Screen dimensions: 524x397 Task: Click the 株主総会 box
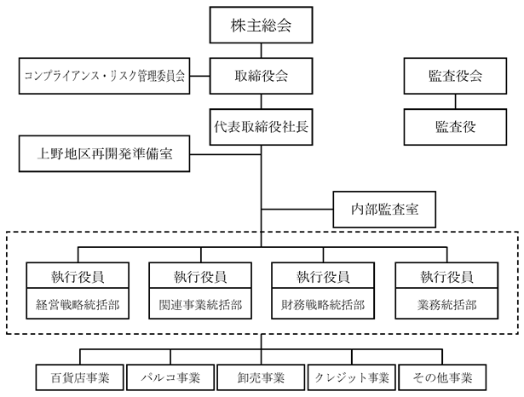pos(261,25)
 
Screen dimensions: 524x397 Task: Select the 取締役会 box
pos(261,76)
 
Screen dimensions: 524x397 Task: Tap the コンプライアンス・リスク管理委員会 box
pos(104,76)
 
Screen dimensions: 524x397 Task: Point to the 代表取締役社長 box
pos(261,127)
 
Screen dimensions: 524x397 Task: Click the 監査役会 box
pos(455,76)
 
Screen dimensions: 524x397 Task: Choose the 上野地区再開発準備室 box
pos(104,153)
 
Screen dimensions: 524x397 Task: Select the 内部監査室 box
pos(384,210)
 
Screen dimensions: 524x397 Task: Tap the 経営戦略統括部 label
pos(78,305)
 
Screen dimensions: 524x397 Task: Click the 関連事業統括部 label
pos(200,305)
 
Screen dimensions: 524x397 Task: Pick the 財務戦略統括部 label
pos(323,305)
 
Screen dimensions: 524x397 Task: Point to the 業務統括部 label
pos(446,305)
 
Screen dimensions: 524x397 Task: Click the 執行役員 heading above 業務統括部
pos(446,277)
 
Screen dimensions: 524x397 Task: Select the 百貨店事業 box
pos(80,377)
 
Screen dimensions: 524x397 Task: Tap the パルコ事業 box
pos(170,377)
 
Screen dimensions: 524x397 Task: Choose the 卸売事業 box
pos(261,377)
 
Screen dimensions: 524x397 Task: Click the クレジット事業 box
pos(352,377)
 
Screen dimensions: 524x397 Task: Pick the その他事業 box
pos(442,377)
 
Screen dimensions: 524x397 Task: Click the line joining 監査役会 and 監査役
pos(455,101)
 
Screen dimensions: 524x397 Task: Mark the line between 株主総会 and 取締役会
pos(261,50)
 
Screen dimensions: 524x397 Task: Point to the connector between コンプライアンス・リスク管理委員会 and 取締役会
pos(200,76)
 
